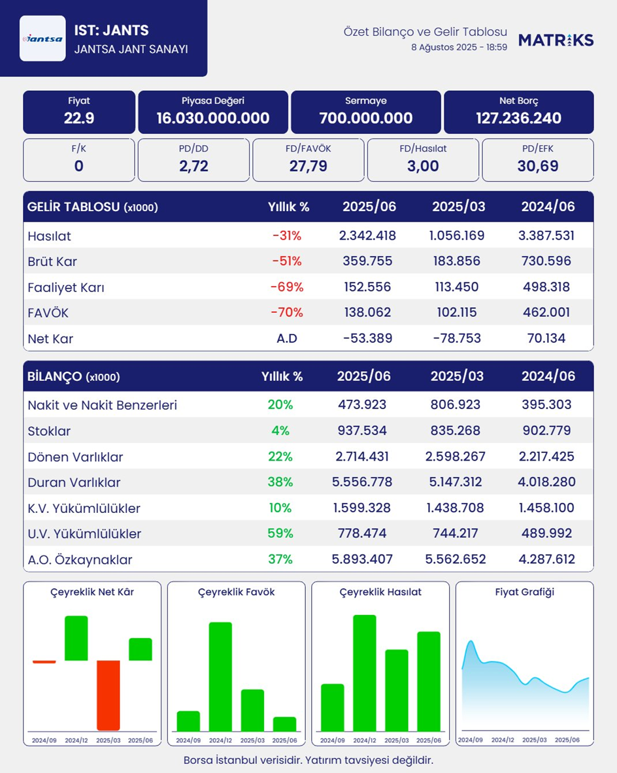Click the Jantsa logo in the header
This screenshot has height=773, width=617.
[42, 39]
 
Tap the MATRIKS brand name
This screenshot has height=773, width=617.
[556, 40]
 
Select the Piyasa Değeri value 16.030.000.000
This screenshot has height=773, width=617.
[213, 118]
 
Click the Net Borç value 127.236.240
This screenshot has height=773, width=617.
[518, 118]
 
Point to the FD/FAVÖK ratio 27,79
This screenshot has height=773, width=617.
[308, 166]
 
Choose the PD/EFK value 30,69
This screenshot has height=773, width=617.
[537, 166]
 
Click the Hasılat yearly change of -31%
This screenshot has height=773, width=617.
[287, 236]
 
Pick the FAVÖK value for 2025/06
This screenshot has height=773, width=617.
[367, 313]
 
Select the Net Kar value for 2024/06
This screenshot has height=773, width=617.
[548, 338]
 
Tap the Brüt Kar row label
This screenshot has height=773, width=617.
[52, 261]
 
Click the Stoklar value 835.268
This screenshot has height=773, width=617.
[456, 431]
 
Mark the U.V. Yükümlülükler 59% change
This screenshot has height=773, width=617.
[280, 534]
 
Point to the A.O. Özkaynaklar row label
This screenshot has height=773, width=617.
[80, 560]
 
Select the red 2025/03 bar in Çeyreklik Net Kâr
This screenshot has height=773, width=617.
[108, 695]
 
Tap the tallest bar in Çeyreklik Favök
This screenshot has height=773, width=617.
[220, 676]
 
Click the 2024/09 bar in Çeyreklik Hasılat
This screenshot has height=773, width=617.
[332, 708]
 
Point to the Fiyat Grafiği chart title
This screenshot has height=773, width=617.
[524, 592]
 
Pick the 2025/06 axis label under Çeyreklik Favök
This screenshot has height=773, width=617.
[284, 740]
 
